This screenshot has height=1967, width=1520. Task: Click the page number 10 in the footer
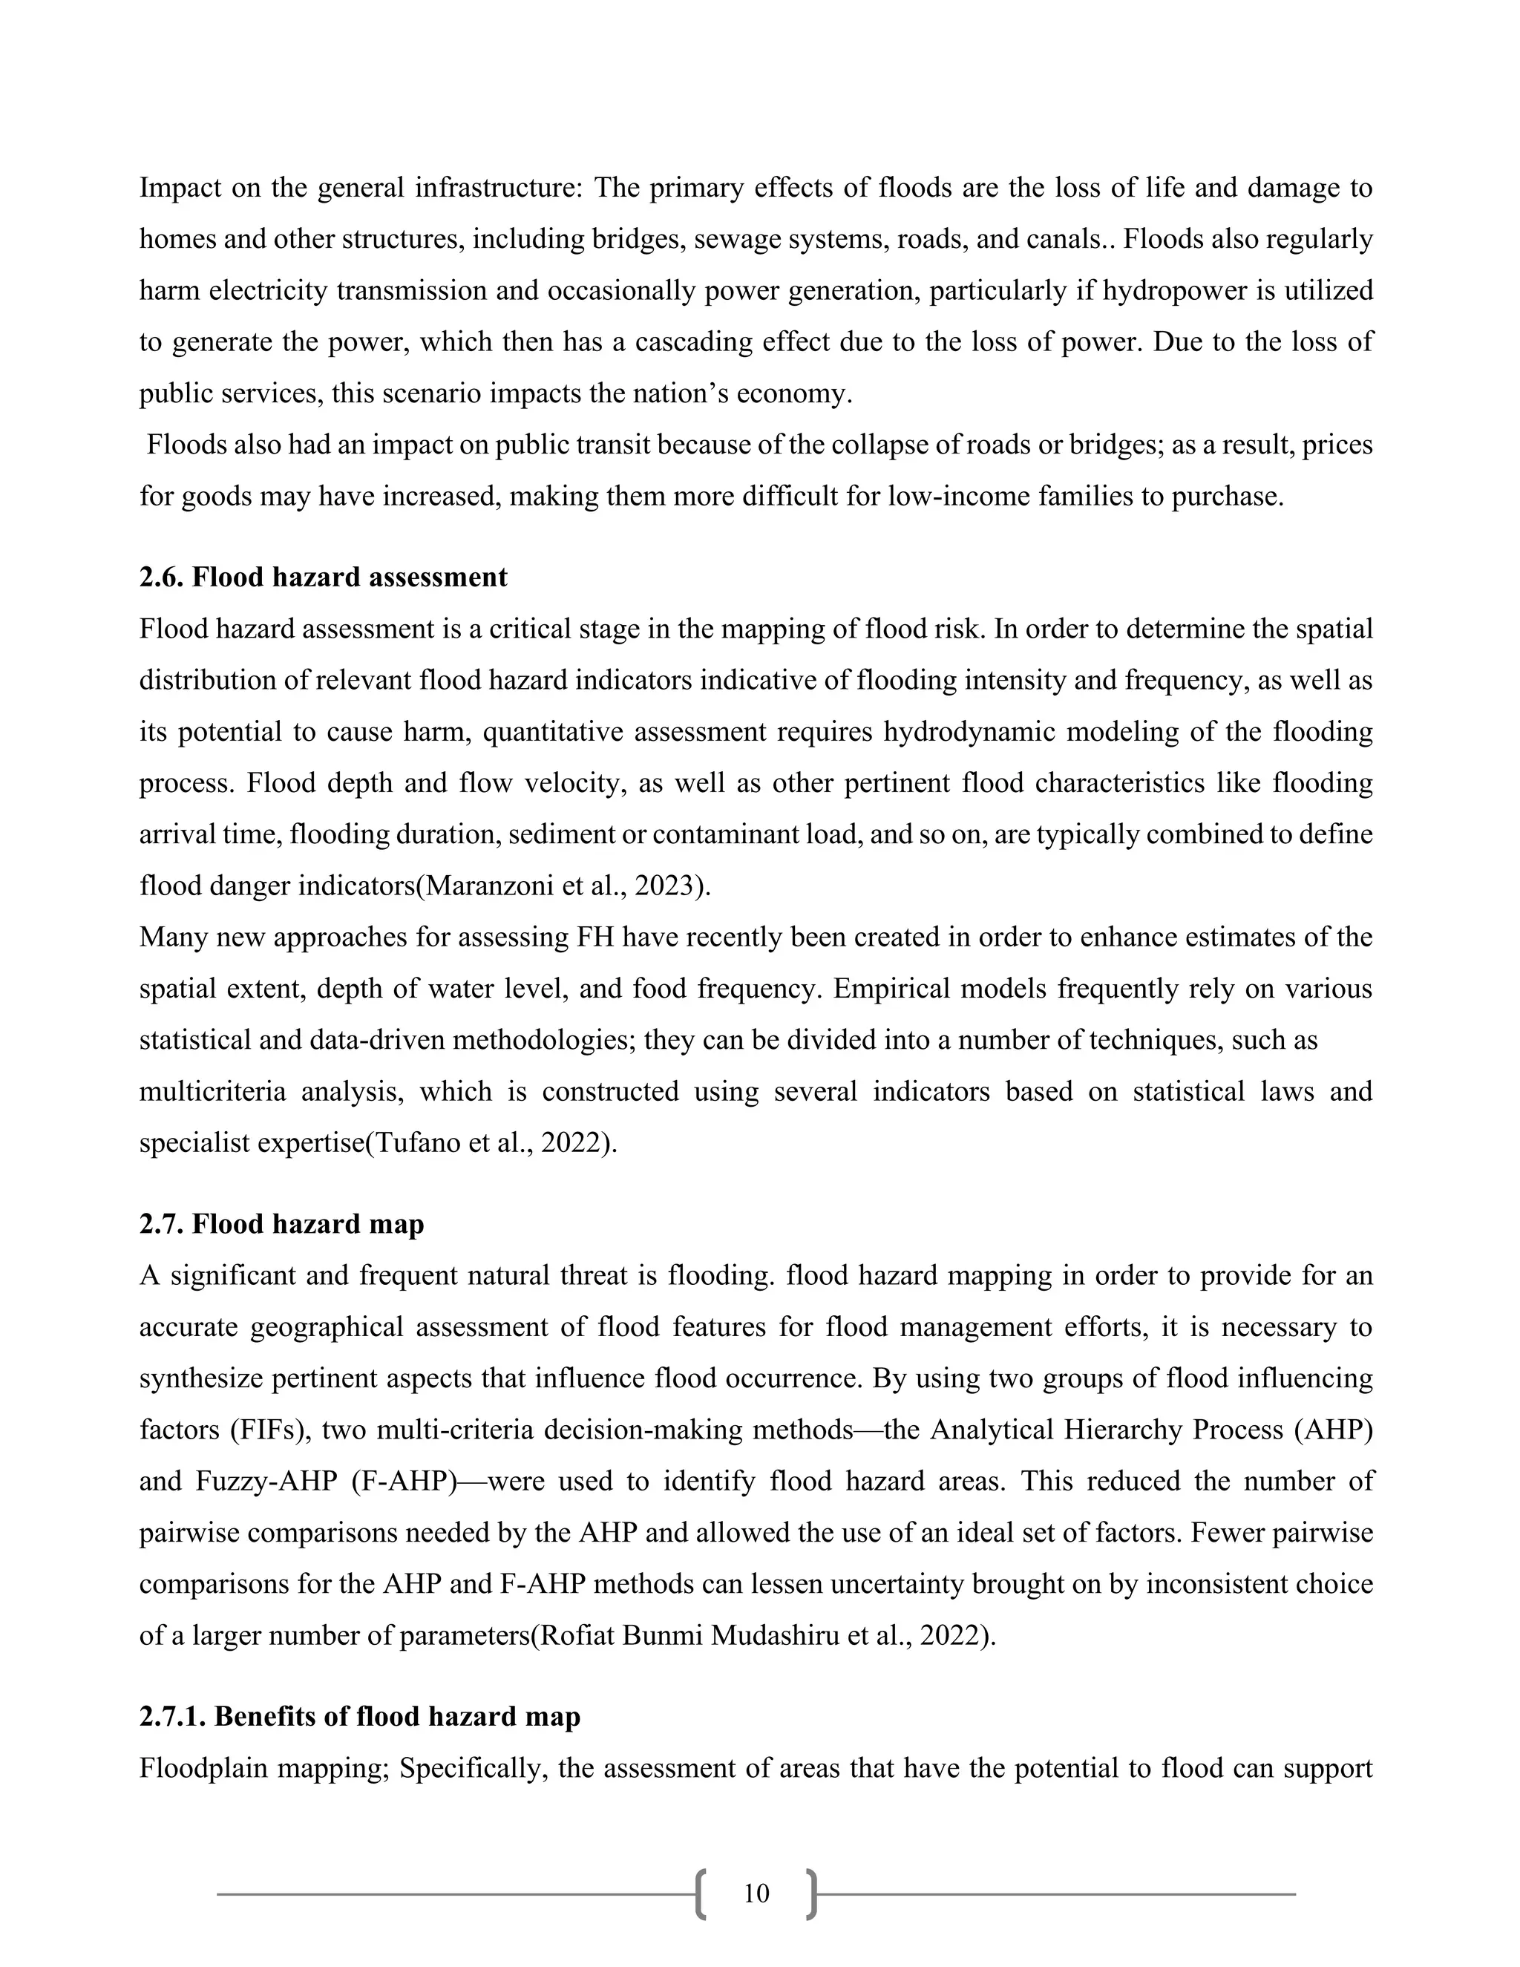click(x=756, y=1894)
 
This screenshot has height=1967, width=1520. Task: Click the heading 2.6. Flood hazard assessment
click(x=324, y=577)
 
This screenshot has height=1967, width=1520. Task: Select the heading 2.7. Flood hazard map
click(x=281, y=1225)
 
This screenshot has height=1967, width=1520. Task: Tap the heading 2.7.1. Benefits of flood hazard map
click(x=359, y=1717)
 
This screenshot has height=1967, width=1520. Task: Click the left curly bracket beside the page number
click(x=701, y=1894)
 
